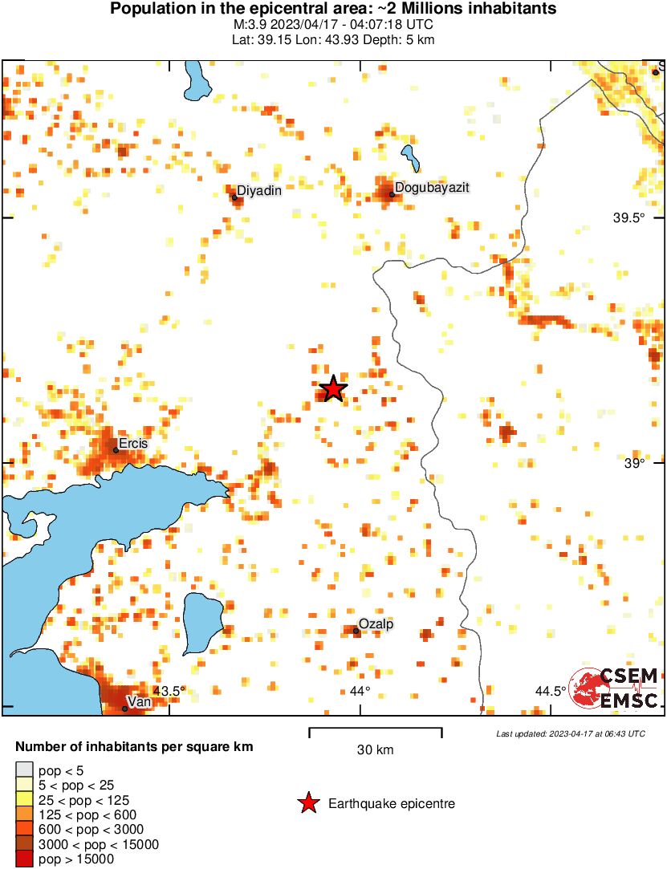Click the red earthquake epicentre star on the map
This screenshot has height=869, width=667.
tap(332, 389)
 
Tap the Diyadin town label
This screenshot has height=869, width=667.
tap(259, 190)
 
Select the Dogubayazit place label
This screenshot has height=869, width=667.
tap(432, 187)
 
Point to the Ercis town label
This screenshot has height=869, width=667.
tap(132, 443)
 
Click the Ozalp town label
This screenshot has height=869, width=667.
tap(376, 623)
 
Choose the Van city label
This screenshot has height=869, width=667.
tap(140, 701)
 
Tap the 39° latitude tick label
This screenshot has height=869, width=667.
tap(635, 463)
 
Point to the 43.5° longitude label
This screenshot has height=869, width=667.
tap(169, 691)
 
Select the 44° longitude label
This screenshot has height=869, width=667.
tap(360, 691)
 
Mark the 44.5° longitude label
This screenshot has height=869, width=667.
tap(551, 691)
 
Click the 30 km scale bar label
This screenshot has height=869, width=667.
tap(375, 750)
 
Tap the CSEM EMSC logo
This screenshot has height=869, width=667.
tap(614, 688)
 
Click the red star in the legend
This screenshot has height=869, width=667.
tap(307, 803)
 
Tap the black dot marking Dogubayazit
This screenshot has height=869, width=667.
tap(392, 194)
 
